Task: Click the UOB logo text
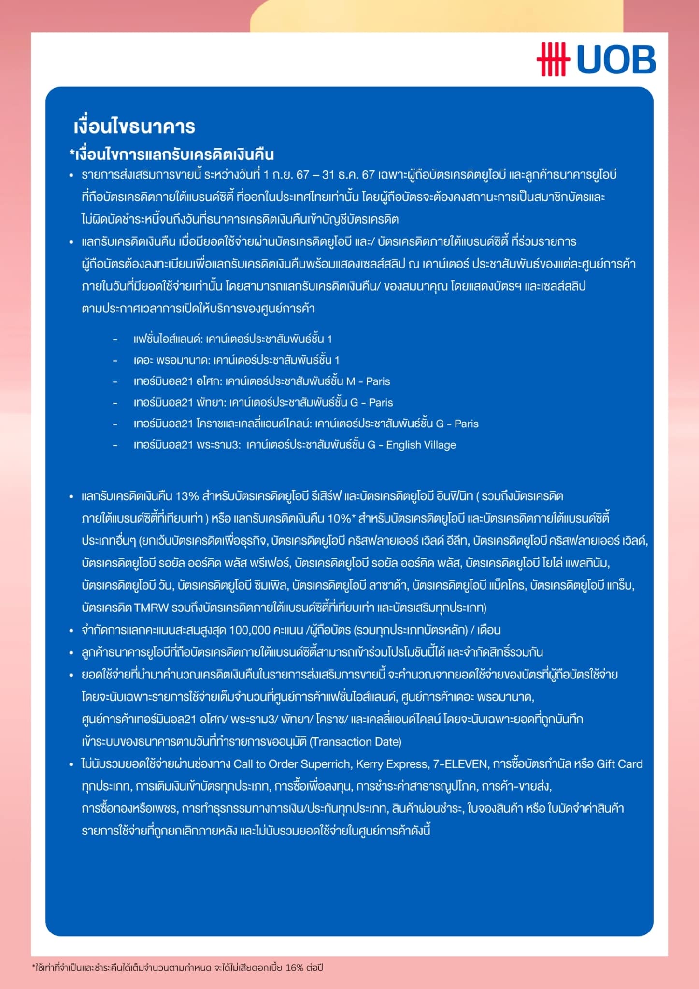(x=616, y=60)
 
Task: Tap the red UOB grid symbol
(x=553, y=60)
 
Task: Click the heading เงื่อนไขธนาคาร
(x=134, y=127)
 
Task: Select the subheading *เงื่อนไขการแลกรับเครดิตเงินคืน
(x=171, y=155)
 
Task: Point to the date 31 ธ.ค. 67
(x=348, y=175)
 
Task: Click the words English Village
(x=421, y=445)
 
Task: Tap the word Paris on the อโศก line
(x=378, y=381)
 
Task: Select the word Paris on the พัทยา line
(x=381, y=403)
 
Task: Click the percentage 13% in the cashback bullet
(x=187, y=496)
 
